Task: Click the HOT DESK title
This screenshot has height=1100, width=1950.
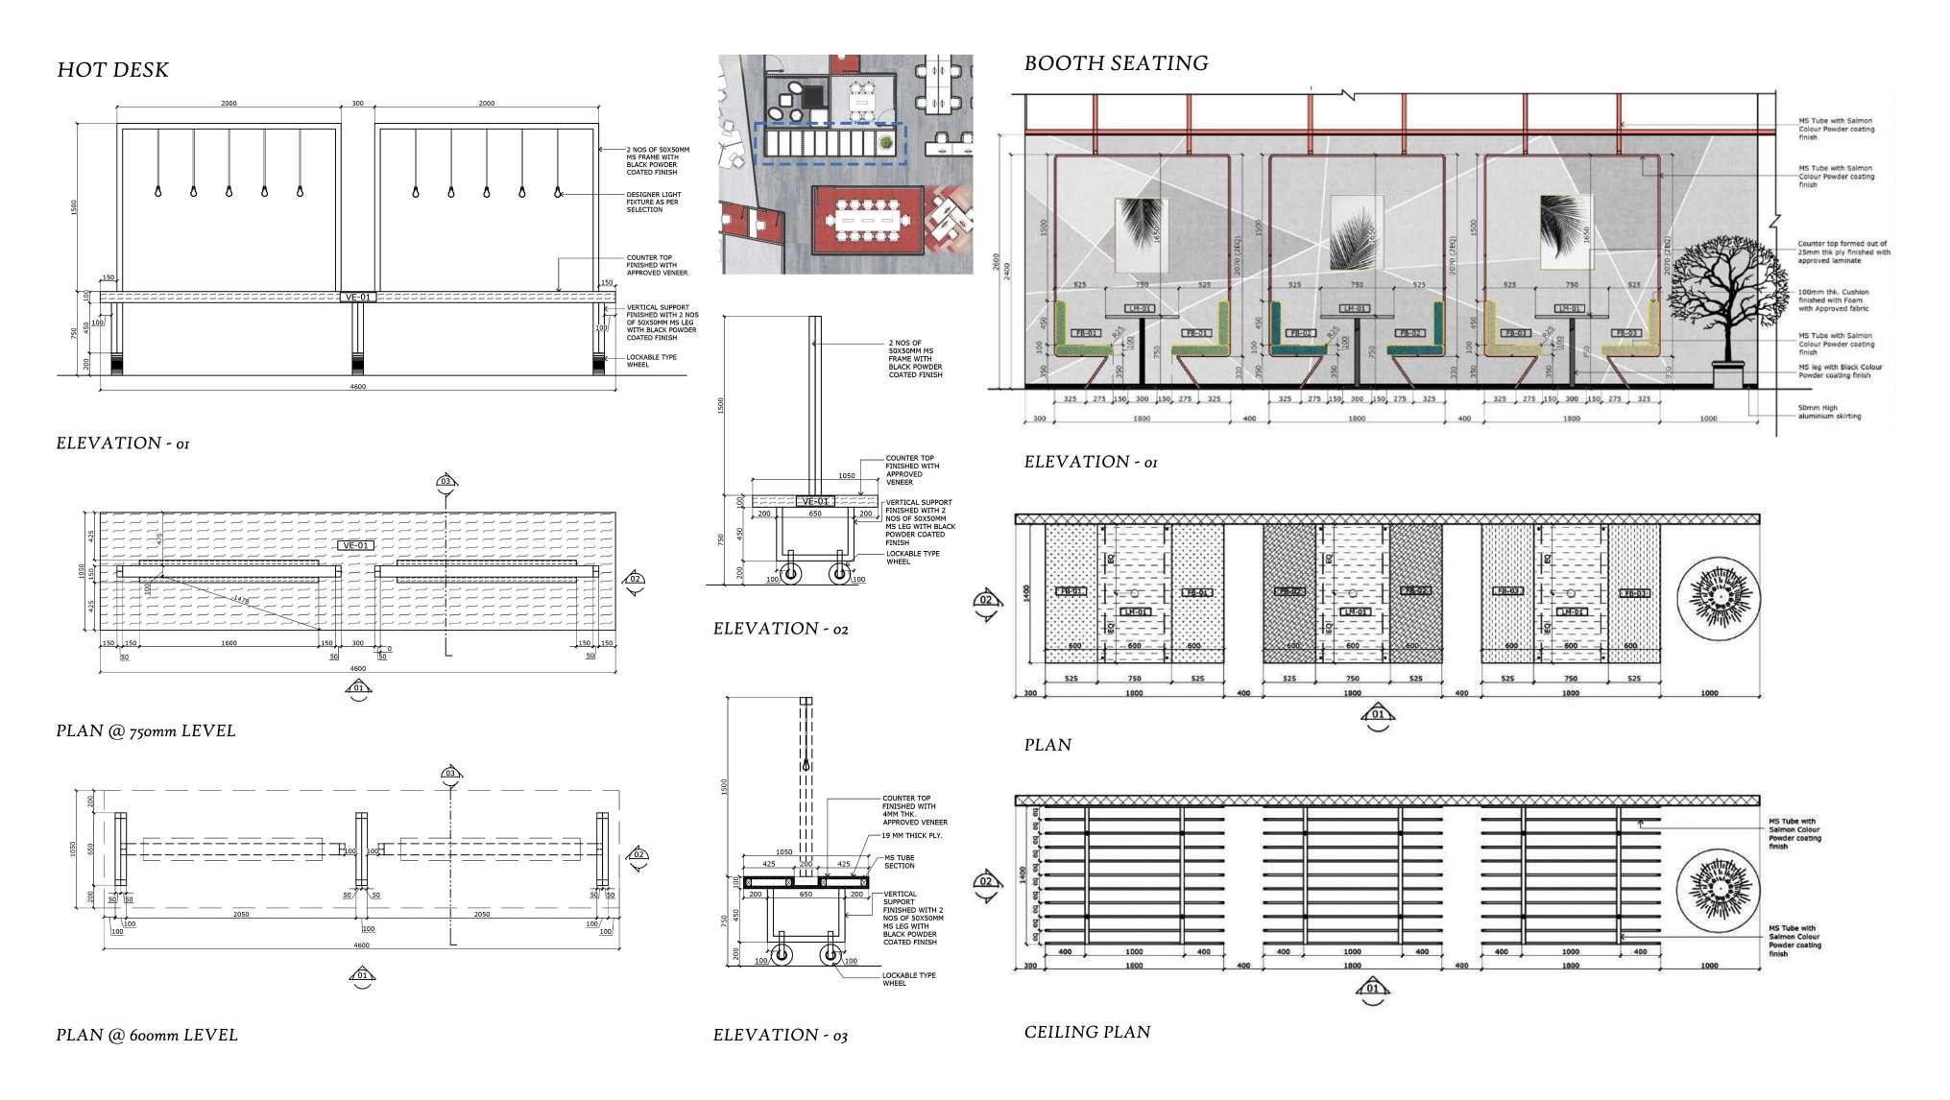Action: click(x=112, y=70)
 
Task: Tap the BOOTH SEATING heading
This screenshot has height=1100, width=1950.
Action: click(x=1116, y=63)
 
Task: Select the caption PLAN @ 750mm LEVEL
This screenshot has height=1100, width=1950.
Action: click(x=146, y=730)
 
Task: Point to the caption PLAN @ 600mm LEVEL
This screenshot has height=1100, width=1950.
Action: click(x=147, y=1035)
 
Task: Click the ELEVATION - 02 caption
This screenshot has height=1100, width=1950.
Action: click(x=781, y=629)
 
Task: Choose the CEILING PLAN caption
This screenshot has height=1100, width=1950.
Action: click(x=1087, y=1032)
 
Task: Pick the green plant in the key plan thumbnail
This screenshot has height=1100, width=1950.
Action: click(x=884, y=143)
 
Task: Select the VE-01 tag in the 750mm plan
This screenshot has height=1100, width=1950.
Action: click(x=355, y=545)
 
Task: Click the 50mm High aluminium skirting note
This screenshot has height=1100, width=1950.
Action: click(x=1829, y=413)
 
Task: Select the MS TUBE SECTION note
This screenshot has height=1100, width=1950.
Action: click(x=900, y=861)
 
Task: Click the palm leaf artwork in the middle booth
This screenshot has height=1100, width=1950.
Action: click(x=1356, y=233)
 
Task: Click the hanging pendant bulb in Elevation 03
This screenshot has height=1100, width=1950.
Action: click(x=806, y=766)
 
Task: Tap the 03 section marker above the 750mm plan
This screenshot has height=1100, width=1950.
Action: click(x=445, y=482)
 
